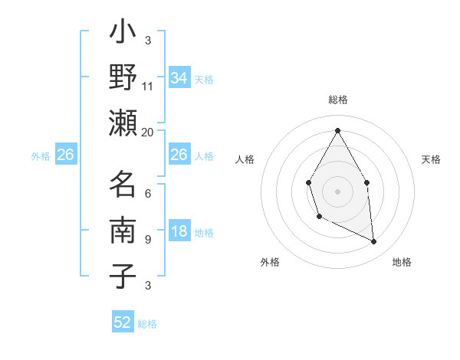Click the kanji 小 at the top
[x=123, y=34]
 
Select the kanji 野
[x=123, y=78]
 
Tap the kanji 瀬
[x=123, y=123]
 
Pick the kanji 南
[x=123, y=231]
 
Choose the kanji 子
[x=123, y=276]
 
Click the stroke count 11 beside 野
[x=148, y=87]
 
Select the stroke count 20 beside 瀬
[x=148, y=132]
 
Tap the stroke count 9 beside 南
[x=147, y=240]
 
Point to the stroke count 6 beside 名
[x=147, y=194]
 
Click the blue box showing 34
[x=179, y=78]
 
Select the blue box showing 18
[x=179, y=231]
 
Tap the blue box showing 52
[x=123, y=322]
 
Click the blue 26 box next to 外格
[x=65, y=155]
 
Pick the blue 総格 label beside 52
[x=147, y=324]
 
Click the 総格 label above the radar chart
[x=337, y=100]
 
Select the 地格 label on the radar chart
[x=402, y=262]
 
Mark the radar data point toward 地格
[x=374, y=242]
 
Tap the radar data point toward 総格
[x=337, y=130]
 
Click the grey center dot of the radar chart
[x=337, y=191]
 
